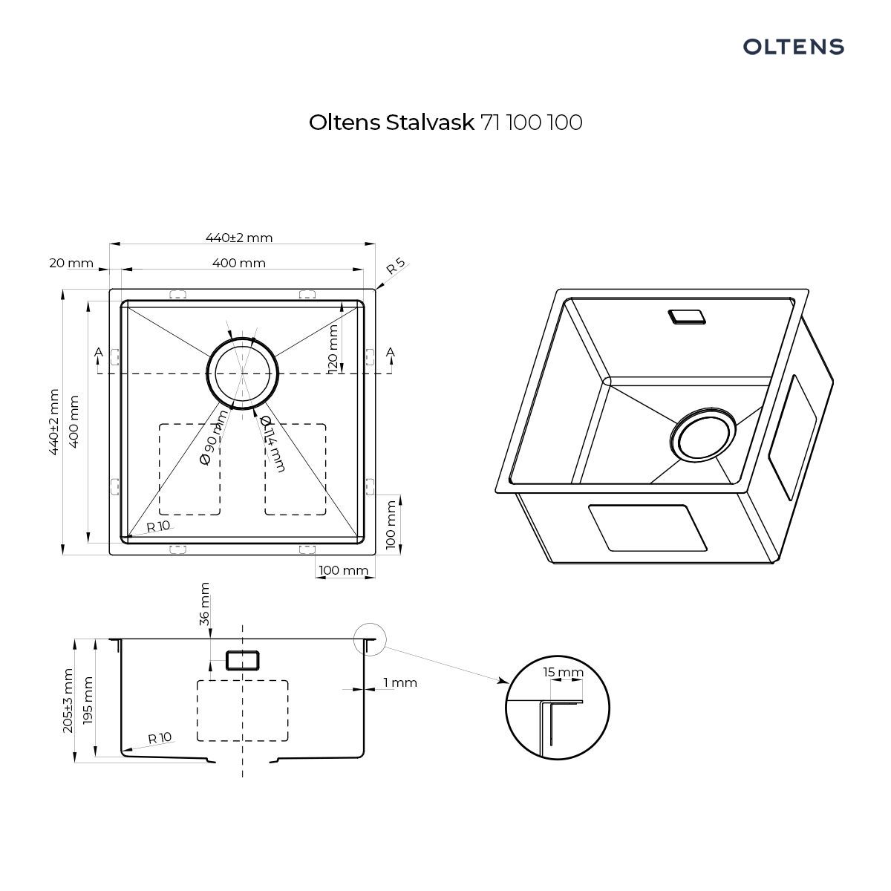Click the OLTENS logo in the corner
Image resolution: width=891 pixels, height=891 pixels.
click(x=793, y=47)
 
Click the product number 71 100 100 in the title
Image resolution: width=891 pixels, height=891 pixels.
click(x=532, y=123)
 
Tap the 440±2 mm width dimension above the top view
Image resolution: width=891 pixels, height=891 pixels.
click(x=239, y=238)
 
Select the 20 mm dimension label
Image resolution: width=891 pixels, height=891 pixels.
click(x=71, y=263)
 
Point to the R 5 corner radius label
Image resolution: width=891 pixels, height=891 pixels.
click(x=396, y=266)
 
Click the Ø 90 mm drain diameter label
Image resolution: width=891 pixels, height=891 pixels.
click(x=214, y=437)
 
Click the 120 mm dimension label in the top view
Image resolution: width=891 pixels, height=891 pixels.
click(x=333, y=349)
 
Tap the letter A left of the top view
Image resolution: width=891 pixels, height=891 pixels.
click(x=99, y=353)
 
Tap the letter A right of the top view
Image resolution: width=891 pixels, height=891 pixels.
click(x=391, y=353)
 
